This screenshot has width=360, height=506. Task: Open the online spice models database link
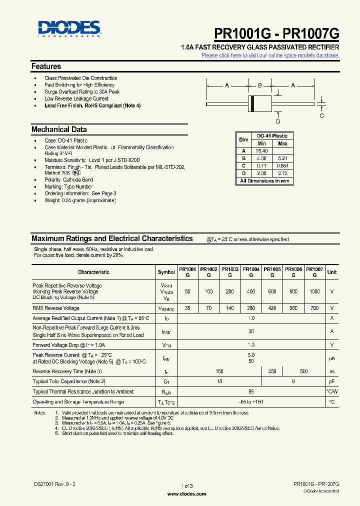[270, 55]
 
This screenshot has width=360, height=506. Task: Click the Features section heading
[46, 66]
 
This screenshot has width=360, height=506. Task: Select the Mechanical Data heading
[59, 129]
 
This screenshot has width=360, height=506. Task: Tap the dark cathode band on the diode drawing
[252, 104]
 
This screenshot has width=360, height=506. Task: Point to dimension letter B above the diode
[259, 85]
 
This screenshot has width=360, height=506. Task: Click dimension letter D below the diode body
[278, 121]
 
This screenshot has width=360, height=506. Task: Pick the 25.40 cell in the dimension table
[261, 151]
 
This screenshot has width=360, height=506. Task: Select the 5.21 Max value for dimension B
[282, 158]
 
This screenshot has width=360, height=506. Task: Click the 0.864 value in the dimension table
[282, 166]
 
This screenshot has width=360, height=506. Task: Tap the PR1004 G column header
[251, 272]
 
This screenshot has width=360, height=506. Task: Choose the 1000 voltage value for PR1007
[314, 291]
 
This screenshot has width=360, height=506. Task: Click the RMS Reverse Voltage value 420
[272, 308]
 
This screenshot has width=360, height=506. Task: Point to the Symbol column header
[166, 272]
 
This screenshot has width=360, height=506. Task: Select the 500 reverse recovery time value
[304, 371]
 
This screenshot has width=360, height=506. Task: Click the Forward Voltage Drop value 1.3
[251, 345]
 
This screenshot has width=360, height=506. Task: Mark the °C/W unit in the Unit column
[332, 391]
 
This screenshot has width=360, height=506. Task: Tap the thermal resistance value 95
[251, 391]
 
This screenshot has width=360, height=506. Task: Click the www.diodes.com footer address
[186, 494]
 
